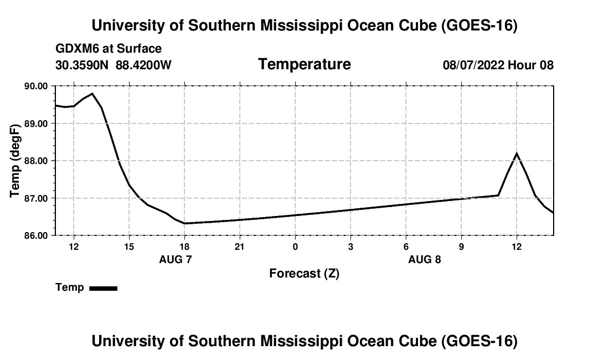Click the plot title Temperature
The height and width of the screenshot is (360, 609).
click(x=304, y=64)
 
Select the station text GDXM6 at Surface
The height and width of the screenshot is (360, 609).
click(x=109, y=49)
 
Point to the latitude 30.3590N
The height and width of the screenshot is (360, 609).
click(x=83, y=65)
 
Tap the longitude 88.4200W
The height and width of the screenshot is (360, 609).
click(x=144, y=65)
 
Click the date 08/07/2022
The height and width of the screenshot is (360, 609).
click(x=473, y=65)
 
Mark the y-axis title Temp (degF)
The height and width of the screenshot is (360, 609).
click(x=16, y=161)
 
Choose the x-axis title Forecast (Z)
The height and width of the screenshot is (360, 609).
click(x=304, y=273)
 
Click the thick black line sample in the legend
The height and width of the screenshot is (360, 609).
click(x=104, y=288)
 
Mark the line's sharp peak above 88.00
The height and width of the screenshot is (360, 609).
click(x=517, y=153)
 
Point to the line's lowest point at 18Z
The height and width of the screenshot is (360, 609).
click(x=184, y=223)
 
